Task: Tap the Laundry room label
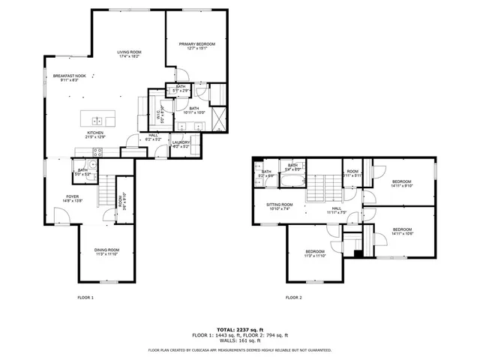click(181, 144)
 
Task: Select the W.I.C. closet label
click(159, 116)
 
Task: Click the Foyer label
click(71, 199)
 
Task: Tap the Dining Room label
click(106, 251)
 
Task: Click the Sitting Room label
click(279, 206)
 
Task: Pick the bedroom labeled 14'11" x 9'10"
click(402, 184)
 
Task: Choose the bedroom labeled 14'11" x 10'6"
click(402, 231)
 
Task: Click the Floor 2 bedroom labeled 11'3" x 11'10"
click(315, 253)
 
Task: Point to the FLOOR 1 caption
click(85, 298)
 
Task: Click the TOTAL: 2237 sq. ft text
click(240, 329)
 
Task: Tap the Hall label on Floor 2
click(336, 211)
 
